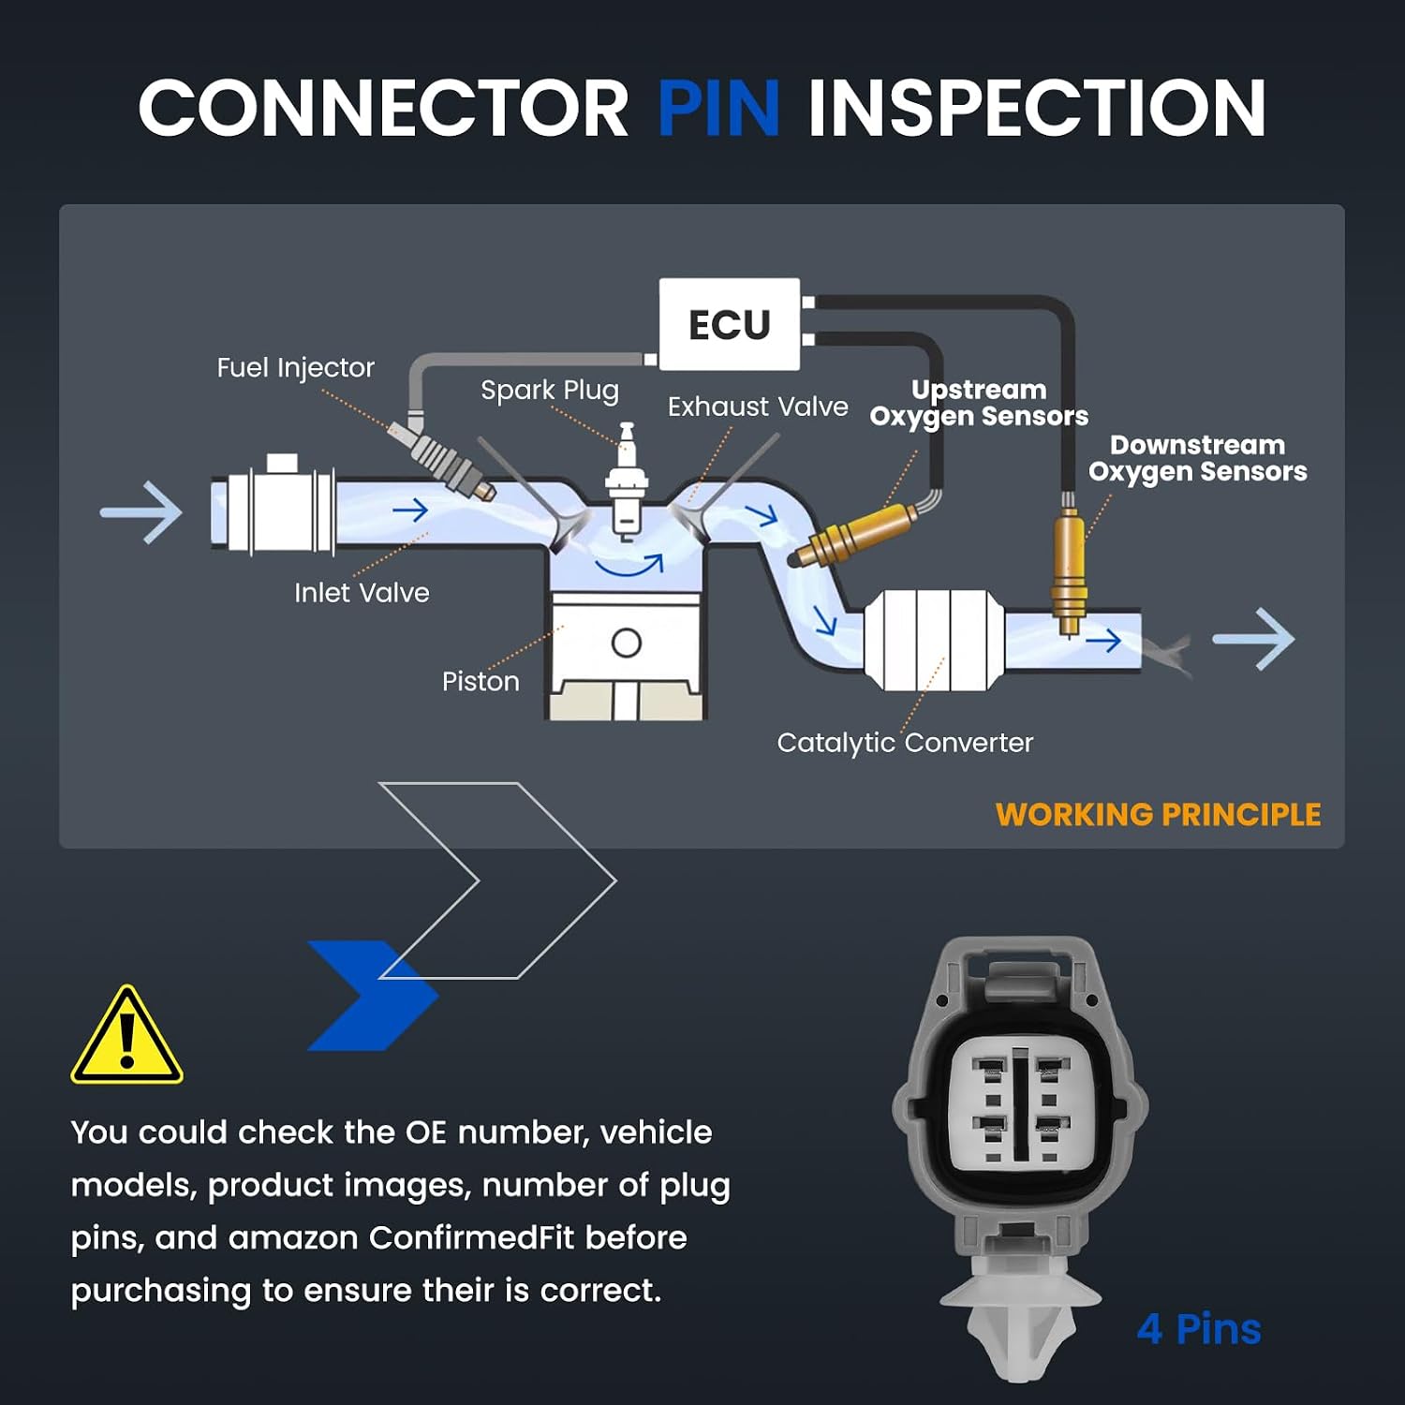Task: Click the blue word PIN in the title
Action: (718, 108)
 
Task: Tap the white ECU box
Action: (730, 324)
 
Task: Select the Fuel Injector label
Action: (295, 368)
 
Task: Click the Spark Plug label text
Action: (550, 391)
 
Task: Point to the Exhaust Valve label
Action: (758, 407)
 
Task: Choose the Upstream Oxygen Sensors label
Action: (979, 403)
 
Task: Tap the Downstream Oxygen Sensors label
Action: (1197, 458)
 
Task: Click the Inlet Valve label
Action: (362, 593)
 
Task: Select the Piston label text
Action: (481, 681)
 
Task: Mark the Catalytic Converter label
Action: (905, 743)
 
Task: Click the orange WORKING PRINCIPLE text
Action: (1158, 815)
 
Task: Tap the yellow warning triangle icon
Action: (126, 1035)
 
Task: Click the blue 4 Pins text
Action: (1199, 1329)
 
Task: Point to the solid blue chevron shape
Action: (370, 996)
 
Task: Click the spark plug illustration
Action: (626, 481)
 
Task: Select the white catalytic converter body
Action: (934, 641)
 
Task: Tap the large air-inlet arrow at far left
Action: (141, 512)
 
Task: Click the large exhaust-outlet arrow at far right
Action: (1253, 639)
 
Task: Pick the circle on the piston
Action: (626, 643)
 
